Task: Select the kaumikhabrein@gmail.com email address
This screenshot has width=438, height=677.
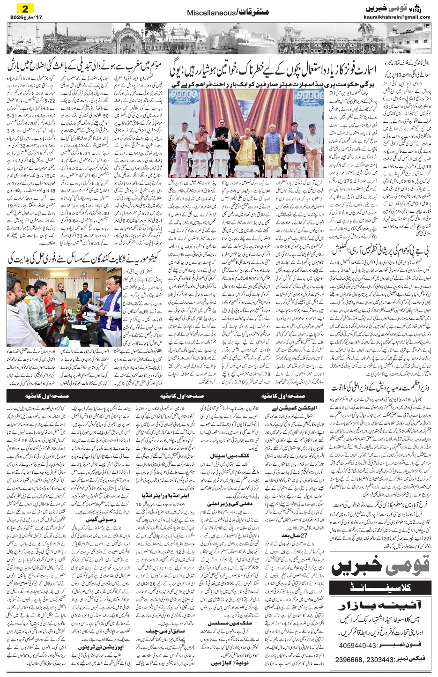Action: (x=397, y=17)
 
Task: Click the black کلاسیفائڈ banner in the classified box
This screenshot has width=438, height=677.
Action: (x=380, y=587)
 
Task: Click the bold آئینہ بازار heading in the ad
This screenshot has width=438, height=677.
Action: (x=380, y=607)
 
